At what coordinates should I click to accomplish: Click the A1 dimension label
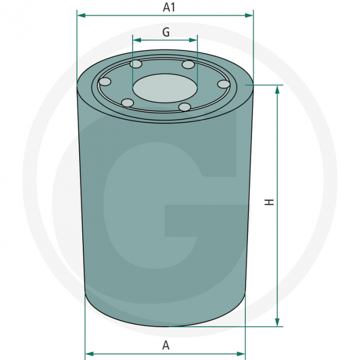[x=169, y=7]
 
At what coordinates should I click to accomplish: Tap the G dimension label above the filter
[x=166, y=32]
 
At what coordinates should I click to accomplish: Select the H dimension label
[x=269, y=202]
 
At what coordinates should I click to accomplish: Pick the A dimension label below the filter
[x=166, y=345]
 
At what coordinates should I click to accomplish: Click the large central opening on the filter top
[x=165, y=87]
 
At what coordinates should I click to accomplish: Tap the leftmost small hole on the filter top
[x=105, y=82]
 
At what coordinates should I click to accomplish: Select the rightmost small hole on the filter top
[x=224, y=84]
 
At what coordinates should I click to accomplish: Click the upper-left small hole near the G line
[x=136, y=64]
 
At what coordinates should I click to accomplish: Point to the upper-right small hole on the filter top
[x=189, y=65]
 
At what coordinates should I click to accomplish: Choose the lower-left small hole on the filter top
[x=127, y=103]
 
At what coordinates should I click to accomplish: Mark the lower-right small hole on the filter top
[x=185, y=106]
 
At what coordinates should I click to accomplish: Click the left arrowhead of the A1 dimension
[x=81, y=15]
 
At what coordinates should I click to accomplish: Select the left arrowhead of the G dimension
[x=136, y=40]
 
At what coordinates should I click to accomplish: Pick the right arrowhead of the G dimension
[x=194, y=40]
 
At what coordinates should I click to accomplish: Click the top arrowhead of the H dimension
[x=278, y=89]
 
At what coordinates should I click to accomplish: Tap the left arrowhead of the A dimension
[x=88, y=353]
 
